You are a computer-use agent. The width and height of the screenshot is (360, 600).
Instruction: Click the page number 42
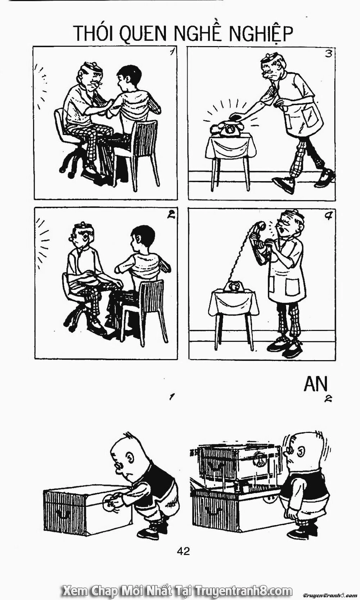coord(183,551)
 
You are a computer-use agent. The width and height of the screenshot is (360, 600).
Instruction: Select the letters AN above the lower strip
coord(316,384)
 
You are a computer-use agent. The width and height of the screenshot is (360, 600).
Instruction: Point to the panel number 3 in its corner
coord(328,54)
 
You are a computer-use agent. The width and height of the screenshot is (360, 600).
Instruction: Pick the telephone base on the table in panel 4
coord(234,287)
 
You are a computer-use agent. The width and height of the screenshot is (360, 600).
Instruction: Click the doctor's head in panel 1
coord(90,76)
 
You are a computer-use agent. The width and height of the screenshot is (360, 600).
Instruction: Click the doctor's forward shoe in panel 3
coord(284,184)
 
